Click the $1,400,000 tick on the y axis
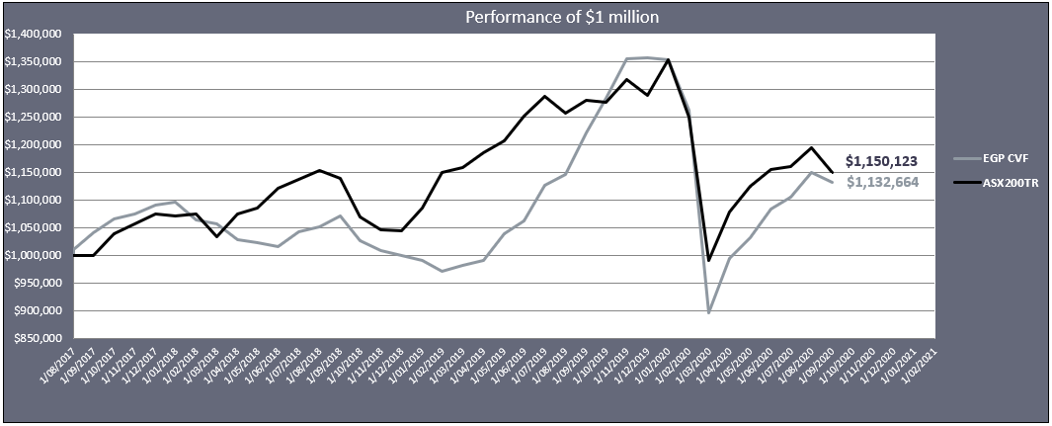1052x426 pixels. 35,34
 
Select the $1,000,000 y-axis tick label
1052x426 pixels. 35,255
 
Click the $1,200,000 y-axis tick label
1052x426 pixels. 35,144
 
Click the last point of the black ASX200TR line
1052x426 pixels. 833,172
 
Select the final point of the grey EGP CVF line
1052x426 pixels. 833,182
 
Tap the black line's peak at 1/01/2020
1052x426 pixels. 669,59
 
